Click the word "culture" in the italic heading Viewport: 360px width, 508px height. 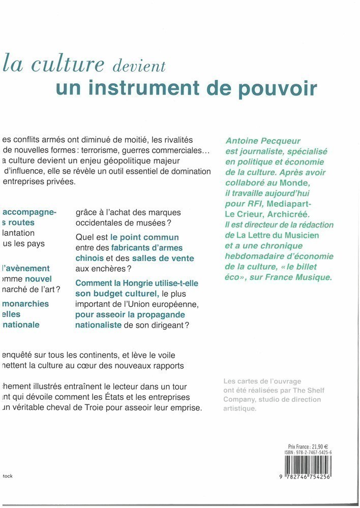pos(67,66)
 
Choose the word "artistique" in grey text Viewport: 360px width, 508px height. pos(241,408)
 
